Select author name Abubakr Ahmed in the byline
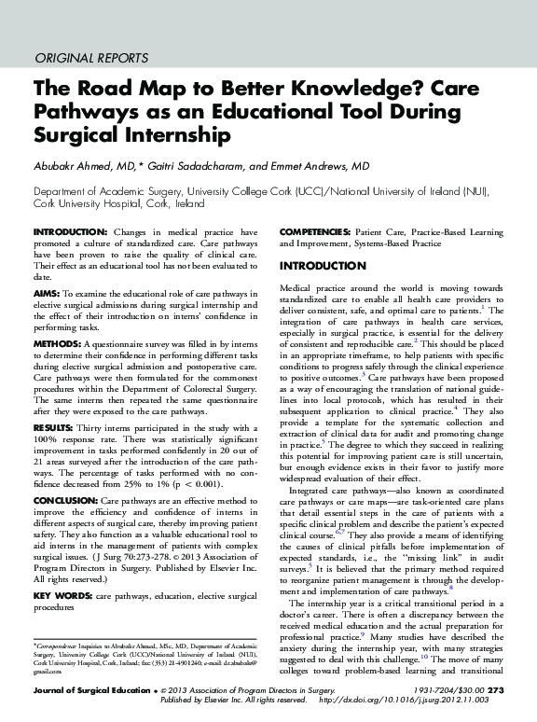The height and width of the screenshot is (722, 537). point(76,166)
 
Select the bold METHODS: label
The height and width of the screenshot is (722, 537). point(57,343)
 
